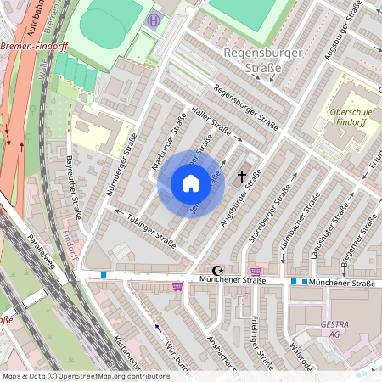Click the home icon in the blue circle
pyautogui.click(x=191, y=183)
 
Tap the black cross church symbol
pyautogui.click(x=243, y=176)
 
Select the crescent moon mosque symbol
pyautogui.click(x=223, y=269)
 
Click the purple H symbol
pyautogui.click(x=153, y=20)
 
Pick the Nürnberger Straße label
pyautogui.click(x=121, y=171)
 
